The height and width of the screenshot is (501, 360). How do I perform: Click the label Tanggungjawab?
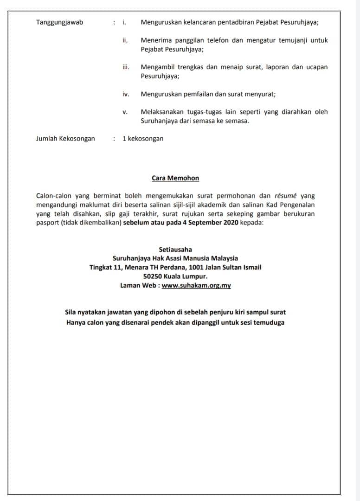(x=59, y=22)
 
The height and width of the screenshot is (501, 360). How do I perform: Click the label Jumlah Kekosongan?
(x=65, y=138)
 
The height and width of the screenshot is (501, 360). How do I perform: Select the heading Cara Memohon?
(x=175, y=178)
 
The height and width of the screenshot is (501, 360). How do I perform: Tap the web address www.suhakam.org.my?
(x=196, y=285)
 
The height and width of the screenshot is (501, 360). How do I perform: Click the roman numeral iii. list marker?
(x=126, y=67)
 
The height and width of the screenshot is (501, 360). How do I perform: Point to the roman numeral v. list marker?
(x=125, y=112)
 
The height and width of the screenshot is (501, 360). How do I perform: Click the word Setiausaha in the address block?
(x=175, y=250)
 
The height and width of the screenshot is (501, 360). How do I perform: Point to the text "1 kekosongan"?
(x=143, y=138)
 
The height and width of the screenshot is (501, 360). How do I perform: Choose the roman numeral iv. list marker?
(x=125, y=94)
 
